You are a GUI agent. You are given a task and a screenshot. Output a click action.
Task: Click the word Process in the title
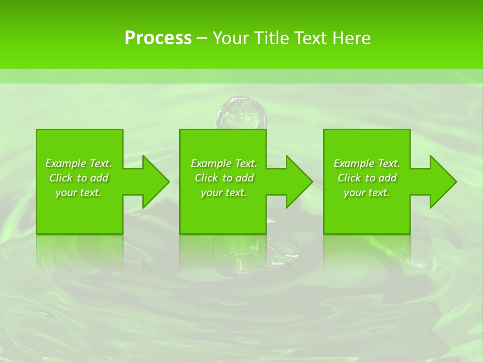(158, 38)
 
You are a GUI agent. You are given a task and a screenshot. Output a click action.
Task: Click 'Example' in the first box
(65, 163)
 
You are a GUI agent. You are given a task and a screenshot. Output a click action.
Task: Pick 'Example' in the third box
(354, 163)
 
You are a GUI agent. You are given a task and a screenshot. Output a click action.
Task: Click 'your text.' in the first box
(78, 193)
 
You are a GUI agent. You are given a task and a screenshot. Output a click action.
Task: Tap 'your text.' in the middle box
(223, 193)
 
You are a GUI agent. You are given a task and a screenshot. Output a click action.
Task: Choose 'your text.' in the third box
(366, 193)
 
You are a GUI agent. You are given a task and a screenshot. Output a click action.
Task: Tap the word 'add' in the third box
(388, 178)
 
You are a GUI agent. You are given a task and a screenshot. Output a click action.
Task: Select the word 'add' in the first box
(100, 178)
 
